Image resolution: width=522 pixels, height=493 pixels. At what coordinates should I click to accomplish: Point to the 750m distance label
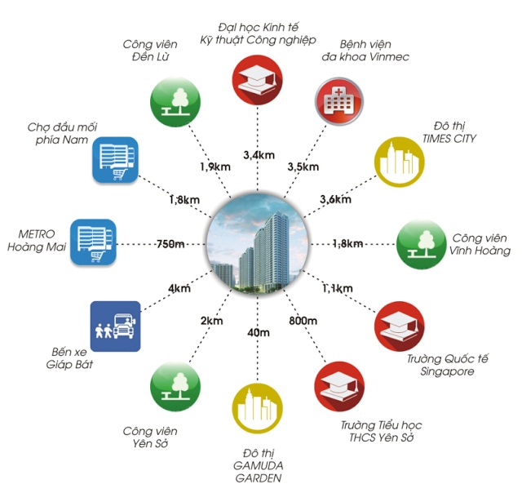pos(172,242)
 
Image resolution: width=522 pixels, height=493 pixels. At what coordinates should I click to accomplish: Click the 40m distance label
pos(259,333)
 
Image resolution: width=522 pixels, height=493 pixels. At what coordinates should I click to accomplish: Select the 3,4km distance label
pos(260,153)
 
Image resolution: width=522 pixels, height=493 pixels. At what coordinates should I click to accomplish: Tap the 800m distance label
pos(303,322)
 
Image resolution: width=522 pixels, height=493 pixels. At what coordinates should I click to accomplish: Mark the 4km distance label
pos(179,287)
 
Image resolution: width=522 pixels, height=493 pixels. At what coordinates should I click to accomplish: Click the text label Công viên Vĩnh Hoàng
pos(482,244)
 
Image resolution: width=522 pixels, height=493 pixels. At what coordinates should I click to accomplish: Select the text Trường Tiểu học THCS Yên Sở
pos(381,433)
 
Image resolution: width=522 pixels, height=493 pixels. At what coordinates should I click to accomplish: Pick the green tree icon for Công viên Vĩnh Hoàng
pos(421,243)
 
